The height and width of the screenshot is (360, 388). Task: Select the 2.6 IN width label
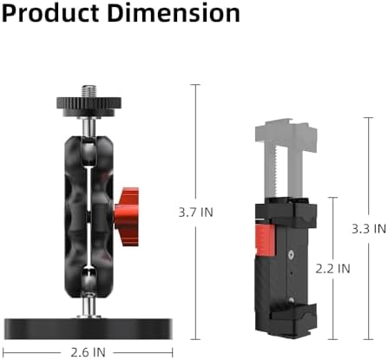(x=88, y=351)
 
